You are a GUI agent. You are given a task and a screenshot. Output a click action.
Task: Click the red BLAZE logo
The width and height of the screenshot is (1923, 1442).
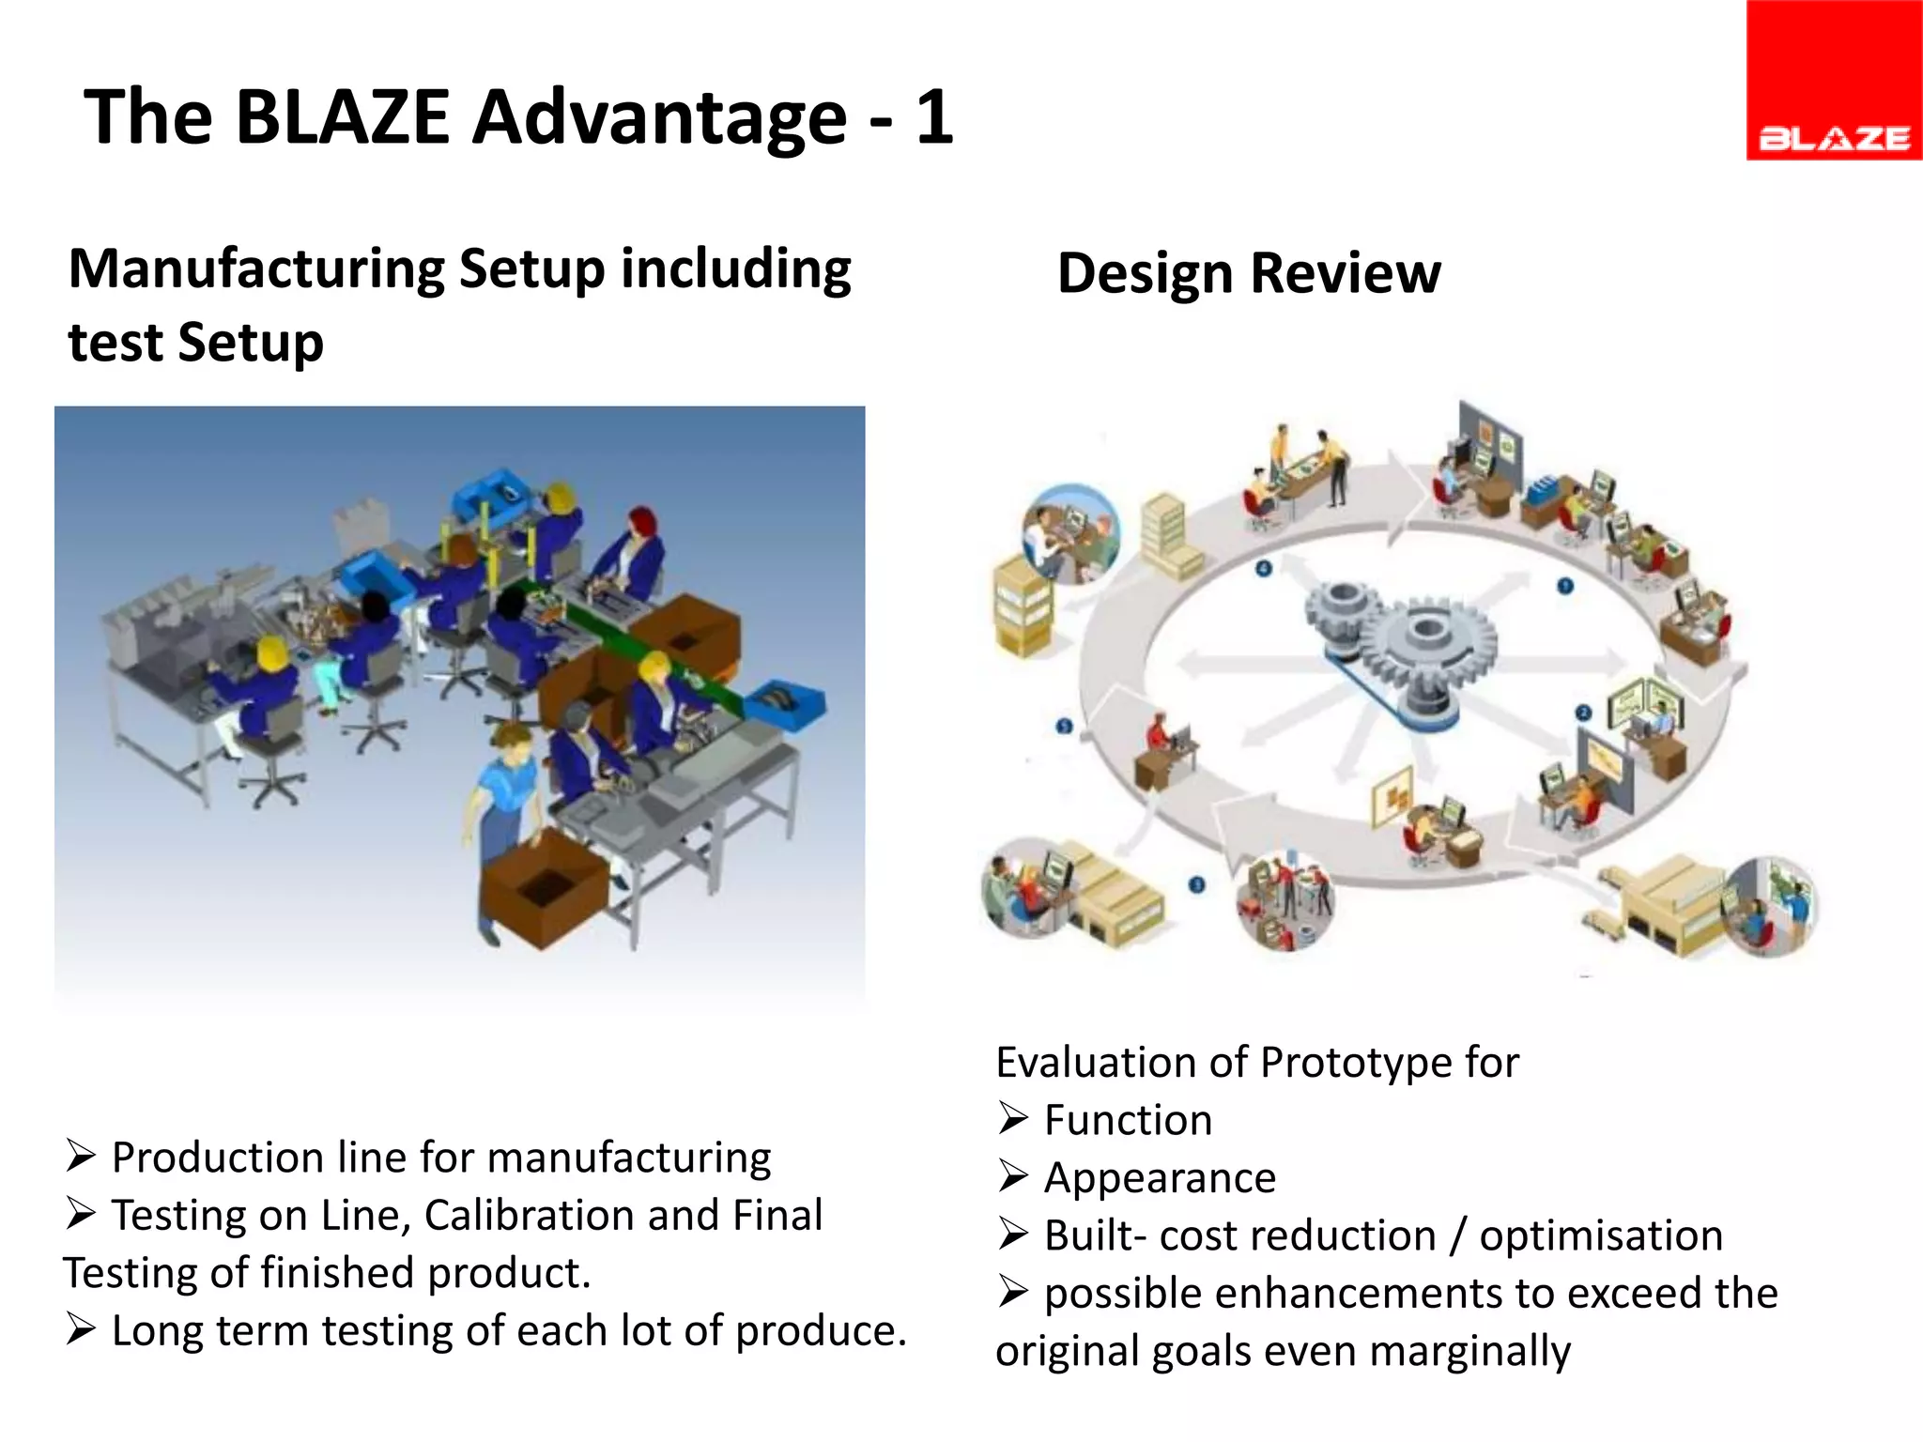click(x=1833, y=81)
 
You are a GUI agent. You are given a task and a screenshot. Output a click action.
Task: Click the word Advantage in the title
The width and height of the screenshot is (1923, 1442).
click(x=659, y=117)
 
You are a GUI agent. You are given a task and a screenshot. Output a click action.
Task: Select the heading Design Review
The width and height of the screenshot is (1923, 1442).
click(x=1248, y=273)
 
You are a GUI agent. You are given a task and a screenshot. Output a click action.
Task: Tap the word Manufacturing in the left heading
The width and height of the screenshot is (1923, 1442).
click(x=257, y=269)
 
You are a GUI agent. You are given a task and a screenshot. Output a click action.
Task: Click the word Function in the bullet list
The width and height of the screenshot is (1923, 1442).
click(x=1128, y=1120)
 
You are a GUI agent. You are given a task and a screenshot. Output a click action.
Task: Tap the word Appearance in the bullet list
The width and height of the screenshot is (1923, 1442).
click(x=1160, y=1178)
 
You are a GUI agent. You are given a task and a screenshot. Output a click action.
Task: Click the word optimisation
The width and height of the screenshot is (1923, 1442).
click(x=1601, y=1235)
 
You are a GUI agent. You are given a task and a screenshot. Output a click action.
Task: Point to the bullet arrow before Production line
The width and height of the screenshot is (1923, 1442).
click(x=81, y=1157)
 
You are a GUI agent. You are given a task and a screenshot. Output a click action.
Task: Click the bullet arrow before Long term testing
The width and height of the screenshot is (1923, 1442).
click(x=81, y=1330)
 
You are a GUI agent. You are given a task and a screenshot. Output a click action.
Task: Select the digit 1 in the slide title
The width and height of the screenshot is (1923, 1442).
click(x=934, y=117)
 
